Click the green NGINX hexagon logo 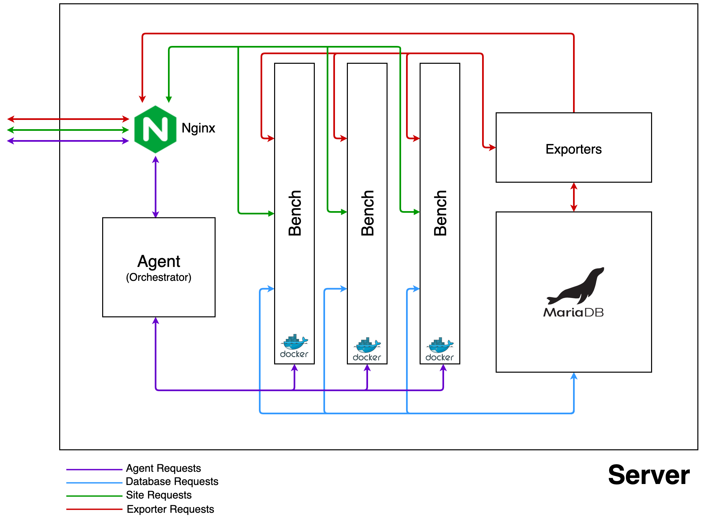155,129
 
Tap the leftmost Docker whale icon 294,342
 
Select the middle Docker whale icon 367,345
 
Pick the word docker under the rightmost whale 439,357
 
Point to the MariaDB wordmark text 573,313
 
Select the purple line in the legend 94,469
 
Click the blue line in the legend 94,483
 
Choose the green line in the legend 94,496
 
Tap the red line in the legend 94,509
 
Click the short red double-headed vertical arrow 574,197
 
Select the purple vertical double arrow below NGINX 155,187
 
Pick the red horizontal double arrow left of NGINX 68,119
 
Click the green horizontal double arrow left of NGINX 68,130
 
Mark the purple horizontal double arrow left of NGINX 68,141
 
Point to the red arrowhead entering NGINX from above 142,99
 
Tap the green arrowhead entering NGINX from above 169,99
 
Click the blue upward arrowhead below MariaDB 574,377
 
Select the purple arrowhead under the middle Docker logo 367,368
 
